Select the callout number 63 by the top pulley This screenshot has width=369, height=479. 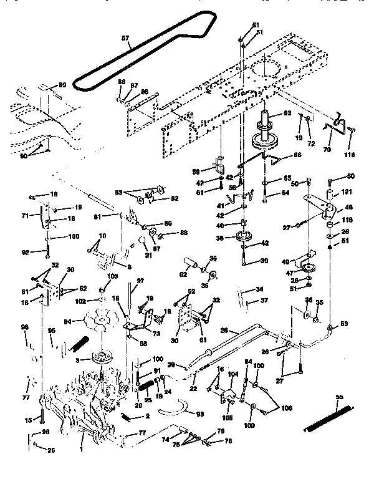click(x=287, y=113)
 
